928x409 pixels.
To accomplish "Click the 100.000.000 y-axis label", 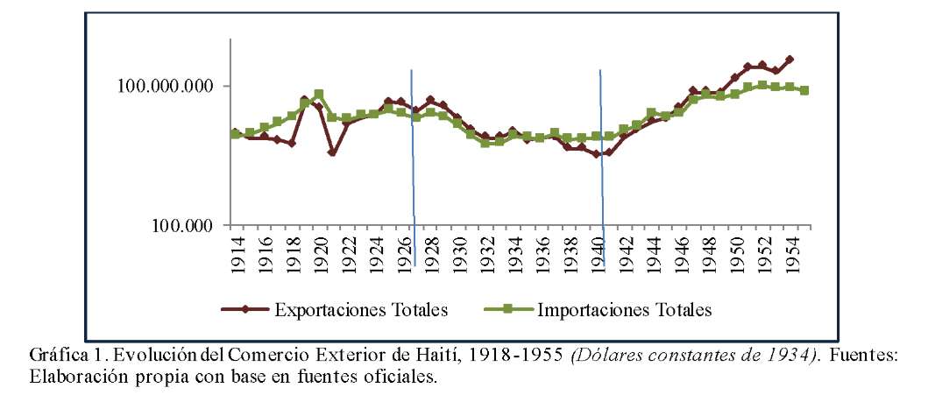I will click(165, 86).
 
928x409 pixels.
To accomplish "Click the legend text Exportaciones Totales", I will click(362, 309).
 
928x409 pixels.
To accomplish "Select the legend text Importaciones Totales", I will click(624, 309).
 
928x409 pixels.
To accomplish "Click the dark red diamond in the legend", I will click(246, 309).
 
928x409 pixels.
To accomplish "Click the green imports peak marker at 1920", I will click(319, 94).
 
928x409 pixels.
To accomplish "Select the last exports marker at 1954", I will click(790, 60).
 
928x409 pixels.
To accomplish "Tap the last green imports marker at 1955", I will click(804, 90).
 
